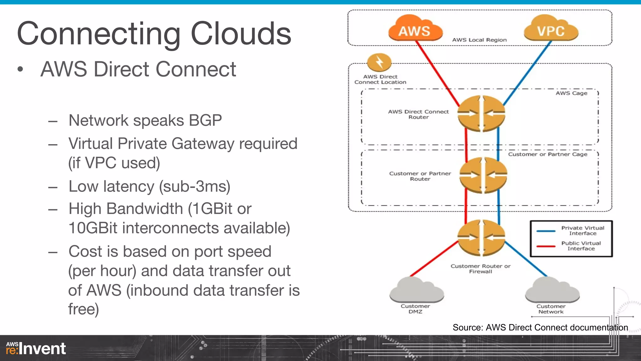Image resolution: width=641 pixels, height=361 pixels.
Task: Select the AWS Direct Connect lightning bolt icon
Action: tap(379, 62)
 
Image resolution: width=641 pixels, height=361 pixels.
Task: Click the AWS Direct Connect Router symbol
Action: tap(481, 113)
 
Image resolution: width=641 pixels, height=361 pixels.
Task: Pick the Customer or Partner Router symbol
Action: tap(483, 175)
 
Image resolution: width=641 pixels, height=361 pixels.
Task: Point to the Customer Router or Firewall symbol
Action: tap(481, 238)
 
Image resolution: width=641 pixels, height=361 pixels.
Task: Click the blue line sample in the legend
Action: tap(546, 231)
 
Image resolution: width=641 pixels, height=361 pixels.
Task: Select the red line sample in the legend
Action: tap(546, 246)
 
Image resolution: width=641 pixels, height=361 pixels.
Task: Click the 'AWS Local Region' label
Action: tap(479, 40)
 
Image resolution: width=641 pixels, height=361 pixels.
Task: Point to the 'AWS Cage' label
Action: tap(571, 93)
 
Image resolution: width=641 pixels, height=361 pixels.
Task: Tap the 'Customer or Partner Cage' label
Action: tap(547, 154)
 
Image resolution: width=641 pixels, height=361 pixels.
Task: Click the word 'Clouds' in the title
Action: tap(241, 34)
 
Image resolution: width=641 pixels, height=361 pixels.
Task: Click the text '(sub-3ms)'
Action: tap(195, 187)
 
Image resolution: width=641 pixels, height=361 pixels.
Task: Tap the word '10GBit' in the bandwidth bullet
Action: tap(93, 228)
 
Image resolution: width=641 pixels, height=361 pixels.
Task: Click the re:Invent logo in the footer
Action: tap(36, 348)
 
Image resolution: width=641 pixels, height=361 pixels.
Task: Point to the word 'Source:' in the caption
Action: tap(468, 327)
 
